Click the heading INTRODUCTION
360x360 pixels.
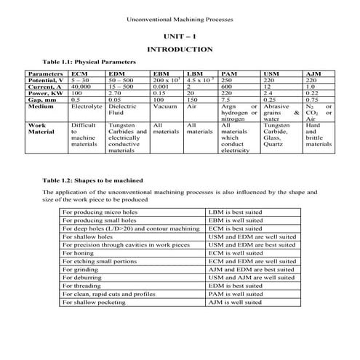click(180, 49)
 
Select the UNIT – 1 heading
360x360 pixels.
click(180, 35)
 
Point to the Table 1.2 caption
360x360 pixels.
click(92, 179)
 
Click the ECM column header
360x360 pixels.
click(79, 74)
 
